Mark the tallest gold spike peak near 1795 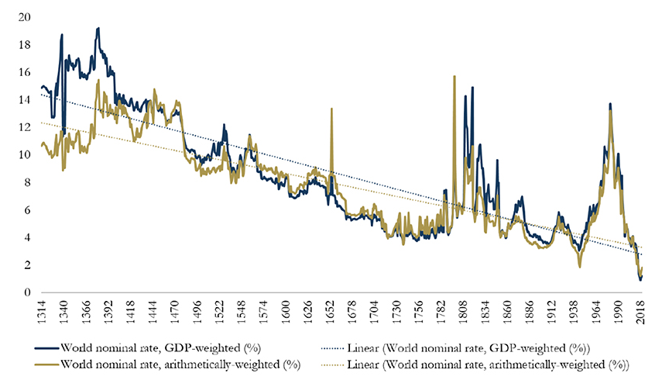454,76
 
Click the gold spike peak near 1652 331,109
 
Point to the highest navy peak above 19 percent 98,28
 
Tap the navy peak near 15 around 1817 472,88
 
